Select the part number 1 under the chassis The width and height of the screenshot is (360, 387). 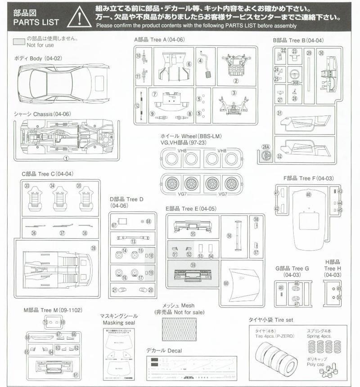coord(66,158)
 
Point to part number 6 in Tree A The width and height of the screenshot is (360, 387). coord(189,64)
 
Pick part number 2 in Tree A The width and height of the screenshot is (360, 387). coord(235,81)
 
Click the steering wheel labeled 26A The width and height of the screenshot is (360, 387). coord(267,156)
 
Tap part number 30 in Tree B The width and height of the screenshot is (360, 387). coord(321,53)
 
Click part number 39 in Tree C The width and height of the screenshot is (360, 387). coord(94,248)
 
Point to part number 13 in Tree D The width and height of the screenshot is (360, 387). coord(133,241)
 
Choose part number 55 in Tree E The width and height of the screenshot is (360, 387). coord(193,234)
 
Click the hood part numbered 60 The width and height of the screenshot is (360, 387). coord(226,283)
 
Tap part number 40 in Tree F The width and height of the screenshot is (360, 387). coord(308,195)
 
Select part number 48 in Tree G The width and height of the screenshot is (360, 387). coord(281,288)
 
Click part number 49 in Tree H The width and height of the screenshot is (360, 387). coord(339,288)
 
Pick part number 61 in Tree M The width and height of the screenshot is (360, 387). coord(76,375)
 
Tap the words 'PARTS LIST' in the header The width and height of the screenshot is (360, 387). coord(36,22)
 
